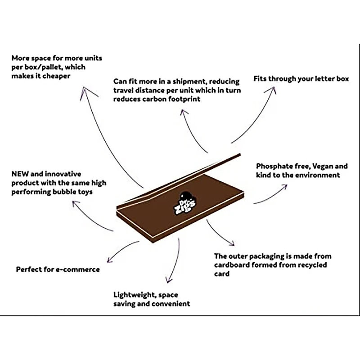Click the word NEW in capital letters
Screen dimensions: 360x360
tap(21, 174)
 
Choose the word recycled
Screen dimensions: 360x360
tap(311, 265)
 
